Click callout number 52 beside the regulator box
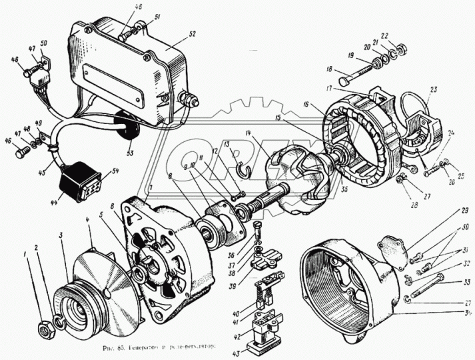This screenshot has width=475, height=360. coord(192,32)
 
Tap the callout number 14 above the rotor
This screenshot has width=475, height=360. coord(248,135)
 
